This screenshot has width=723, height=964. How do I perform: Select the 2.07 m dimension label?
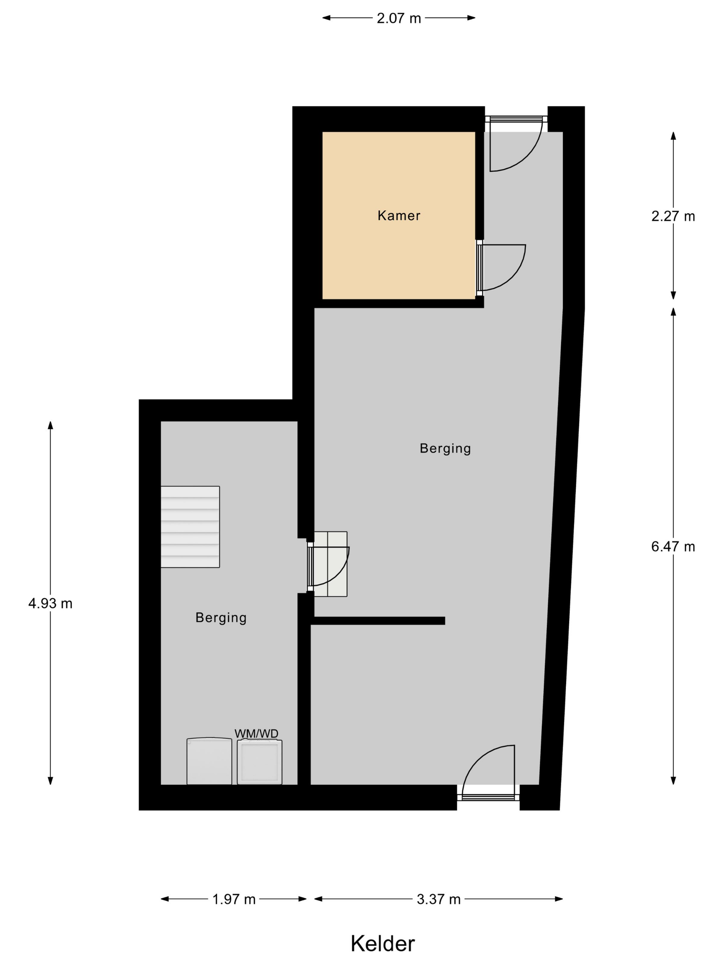point(399,18)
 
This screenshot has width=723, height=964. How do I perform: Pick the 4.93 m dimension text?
point(50,603)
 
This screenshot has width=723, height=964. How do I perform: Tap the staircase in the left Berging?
point(190,526)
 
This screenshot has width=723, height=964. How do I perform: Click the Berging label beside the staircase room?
point(221,618)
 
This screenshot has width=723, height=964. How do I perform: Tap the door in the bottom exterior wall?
point(489,773)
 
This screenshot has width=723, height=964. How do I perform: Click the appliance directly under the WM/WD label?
point(259,762)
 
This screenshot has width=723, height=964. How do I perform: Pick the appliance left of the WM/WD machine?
point(209,761)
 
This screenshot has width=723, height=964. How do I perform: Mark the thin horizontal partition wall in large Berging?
point(377,621)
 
